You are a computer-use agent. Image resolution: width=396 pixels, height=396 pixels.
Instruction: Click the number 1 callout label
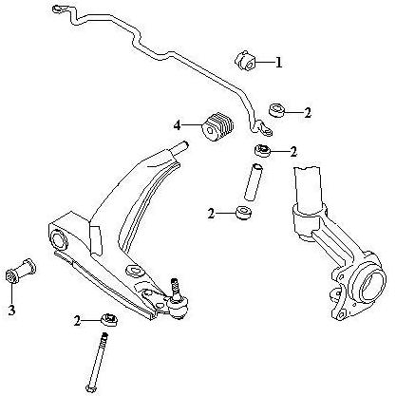click(x=278, y=63)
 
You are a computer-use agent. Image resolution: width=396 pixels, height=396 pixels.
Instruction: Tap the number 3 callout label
click(x=11, y=311)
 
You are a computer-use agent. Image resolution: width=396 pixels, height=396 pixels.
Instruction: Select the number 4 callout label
click(x=177, y=125)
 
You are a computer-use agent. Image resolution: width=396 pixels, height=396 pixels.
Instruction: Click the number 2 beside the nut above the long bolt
click(x=78, y=321)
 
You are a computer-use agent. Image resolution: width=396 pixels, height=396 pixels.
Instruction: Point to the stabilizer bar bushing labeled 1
click(x=245, y=60)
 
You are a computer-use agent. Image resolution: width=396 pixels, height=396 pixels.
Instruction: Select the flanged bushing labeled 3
click(x=21, y=272)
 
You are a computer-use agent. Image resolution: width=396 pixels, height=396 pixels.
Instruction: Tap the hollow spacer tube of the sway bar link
click(x=254, y=181)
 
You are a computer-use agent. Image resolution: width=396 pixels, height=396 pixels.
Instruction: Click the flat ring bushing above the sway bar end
click(x=277, y=109)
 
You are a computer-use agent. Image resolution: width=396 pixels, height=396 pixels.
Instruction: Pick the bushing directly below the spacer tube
click(x=244, y=213)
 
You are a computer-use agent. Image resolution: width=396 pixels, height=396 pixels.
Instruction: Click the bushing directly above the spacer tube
click(x=263, y=150)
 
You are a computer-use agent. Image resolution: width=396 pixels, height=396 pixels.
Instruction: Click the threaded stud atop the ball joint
click(x=174, y=287)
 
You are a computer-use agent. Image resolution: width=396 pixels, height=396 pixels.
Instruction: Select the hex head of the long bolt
click(x=90, y=387)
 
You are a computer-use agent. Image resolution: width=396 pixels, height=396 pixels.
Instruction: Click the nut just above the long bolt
click(x=109, y=320)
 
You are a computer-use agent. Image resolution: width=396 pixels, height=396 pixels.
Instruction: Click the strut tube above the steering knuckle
click(x=308, y=189)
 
